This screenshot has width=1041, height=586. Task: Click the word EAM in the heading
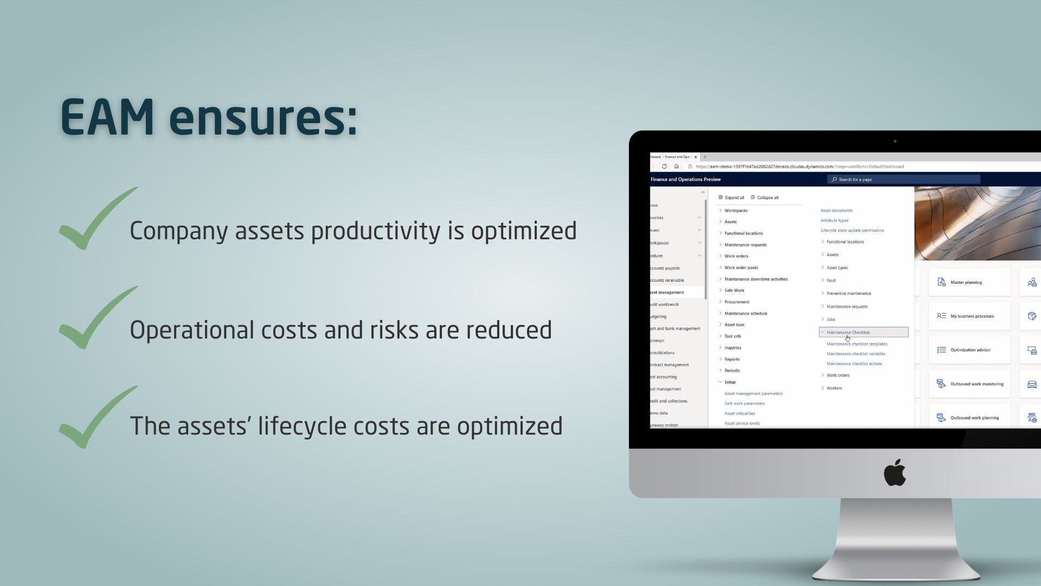pyautogui.click(x=107, y=117)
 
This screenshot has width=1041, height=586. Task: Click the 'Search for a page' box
pyautogui.click(x=904, y=180)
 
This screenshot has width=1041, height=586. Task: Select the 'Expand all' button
pyautogui.click(x=731, y=198)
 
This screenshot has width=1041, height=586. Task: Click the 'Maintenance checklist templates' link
pyautogui.click(x=857, y=344)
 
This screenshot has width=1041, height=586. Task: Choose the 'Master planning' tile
pyautogui.click(x=969, y=282)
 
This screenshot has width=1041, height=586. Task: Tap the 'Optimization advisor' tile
pyautogui.click(x=969, y=350)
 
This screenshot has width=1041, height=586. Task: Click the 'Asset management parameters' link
pyautogui.click(x=753, y=393)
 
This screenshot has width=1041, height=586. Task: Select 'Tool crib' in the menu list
pyautogui.click(x=732, y=336)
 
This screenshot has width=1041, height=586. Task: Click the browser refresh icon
pyautogui.click(x=664, y=167)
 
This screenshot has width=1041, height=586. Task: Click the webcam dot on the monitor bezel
pyautogui.click(x=895, y=141)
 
